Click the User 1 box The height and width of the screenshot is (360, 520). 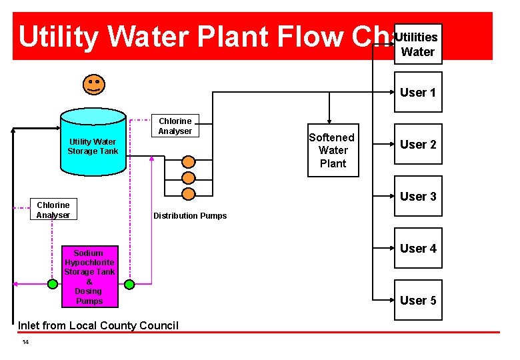coord(417,93)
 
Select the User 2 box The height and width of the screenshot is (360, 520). coord(417,145)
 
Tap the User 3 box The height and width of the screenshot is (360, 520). coord(417,197)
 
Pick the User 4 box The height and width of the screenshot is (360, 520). coord(417,248)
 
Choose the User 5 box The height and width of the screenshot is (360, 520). coord(417,300)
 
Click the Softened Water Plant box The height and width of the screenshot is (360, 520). coord(333,151)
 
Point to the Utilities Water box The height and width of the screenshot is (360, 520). coord(417,44)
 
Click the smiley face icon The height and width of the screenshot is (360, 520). coord(93,84)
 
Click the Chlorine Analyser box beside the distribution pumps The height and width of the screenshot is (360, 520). coord(175,126)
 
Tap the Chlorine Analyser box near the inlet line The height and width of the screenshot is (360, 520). coord(53,210)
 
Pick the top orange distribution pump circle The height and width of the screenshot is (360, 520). coord(189,162)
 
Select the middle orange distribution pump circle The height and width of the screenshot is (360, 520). coord(189,178)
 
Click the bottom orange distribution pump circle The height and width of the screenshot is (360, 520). coord(189,194)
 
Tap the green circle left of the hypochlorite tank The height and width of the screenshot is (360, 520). coord(53,284)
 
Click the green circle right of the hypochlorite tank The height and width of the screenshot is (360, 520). coord(129,284)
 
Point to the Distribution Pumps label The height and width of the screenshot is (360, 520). coord(190,216)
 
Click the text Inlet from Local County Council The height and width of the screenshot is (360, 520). coord(99,325)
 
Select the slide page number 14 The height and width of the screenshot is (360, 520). coord(25,342)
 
